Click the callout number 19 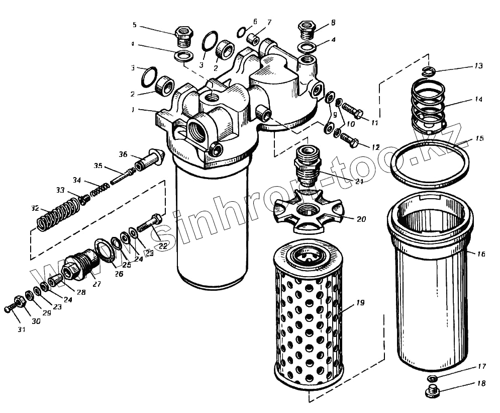(x=360, y=303)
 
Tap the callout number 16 (x=481, y=255)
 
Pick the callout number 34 (x=76, y=180)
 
